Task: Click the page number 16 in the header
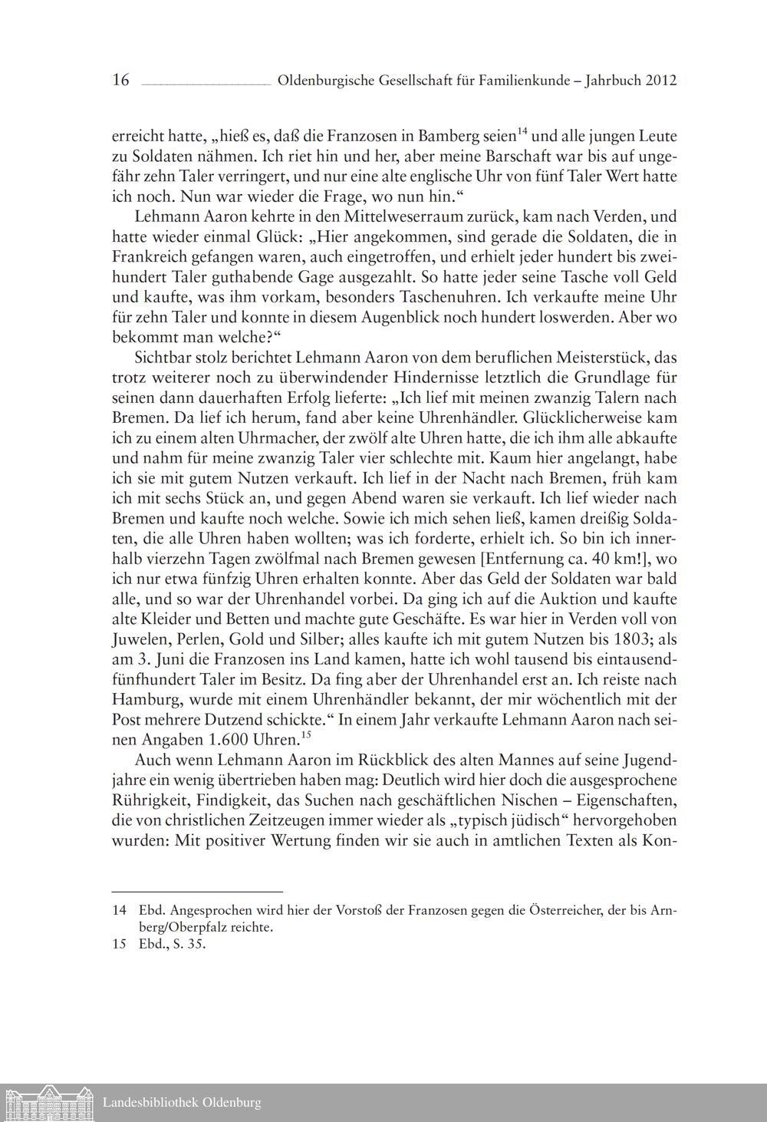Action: [120, 80]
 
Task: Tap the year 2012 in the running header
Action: [661, 80]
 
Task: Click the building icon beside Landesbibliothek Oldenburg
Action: [48, 1103]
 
